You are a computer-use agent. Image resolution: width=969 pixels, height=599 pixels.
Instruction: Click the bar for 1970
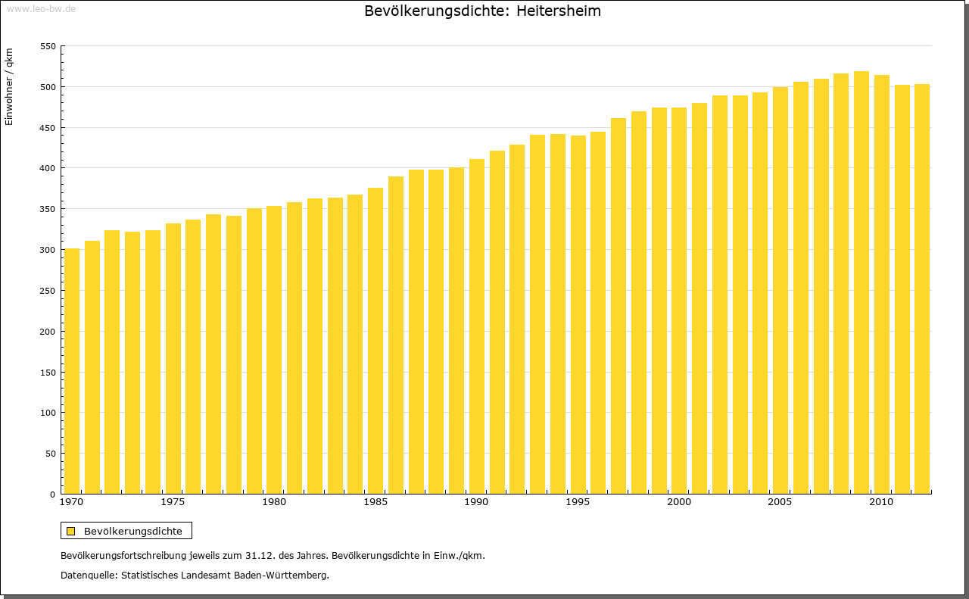click(x=72, y=371)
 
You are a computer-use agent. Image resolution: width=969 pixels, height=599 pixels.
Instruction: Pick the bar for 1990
click(x=477, y=326)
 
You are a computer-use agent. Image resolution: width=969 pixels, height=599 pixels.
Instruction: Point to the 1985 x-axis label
click(x=375, y=502)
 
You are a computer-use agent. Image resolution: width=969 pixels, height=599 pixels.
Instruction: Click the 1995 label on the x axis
click(x=578, y=502)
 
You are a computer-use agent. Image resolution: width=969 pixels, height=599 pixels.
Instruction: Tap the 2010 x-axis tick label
click(x=881, y=502)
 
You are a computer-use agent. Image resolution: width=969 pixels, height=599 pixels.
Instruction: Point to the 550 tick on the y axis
click(x=48, y=46)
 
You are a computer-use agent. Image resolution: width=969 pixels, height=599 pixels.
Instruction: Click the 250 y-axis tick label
click(x=48, y=291)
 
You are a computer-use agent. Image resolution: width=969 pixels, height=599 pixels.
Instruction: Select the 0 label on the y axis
click(x=52, y=494)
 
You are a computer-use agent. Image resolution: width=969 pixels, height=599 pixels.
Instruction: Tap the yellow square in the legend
click(x=70, y=531)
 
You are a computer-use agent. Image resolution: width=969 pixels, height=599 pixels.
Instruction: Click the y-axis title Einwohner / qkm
click(x=9, y=86)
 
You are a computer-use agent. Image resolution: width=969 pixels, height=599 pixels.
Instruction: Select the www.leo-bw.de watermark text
click(x=40, y=8)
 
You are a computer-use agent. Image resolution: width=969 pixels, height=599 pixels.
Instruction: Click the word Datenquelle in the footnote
click(x=89, y=576)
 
